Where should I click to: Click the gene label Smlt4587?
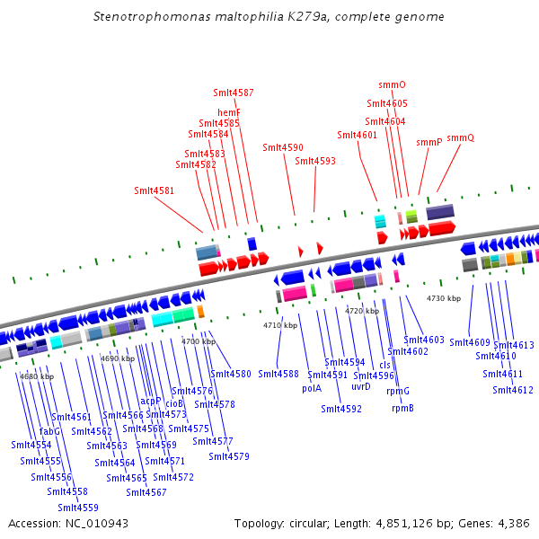click(x=234, y=93)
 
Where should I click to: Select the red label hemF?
click(x=229, y=112)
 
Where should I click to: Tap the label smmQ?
click(x=460, y=137)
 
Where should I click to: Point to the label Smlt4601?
click(x=357, y=135)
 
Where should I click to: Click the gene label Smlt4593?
click(x=315, y=161)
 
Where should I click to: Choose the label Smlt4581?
click(x=154, y=190)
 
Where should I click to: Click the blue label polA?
click(x=312, y=389)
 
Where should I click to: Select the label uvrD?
click(x=360, y=386)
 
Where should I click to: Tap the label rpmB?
click(x=402, y=408)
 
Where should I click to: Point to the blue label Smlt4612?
click(x=513, y=390)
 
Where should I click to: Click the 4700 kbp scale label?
click(x=199, y=341)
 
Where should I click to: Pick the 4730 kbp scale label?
click(x=444, y=298)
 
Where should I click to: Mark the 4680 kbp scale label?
click(x=37, y=376)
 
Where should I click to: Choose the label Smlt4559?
click(x=78, y=508)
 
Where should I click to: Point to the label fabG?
click(x=50, y=431)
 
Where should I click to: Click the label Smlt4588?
click(x=278, y=374)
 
